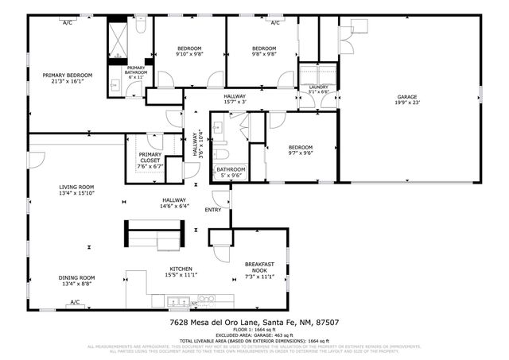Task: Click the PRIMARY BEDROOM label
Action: click(68, 75)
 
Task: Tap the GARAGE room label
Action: click(406, 96)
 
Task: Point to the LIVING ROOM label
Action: click(76, 187)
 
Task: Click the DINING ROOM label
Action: click(76, 277)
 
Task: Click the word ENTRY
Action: click(213, 210)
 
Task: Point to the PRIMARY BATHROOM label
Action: click(135, 70)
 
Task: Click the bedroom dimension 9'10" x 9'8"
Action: click(189, 55)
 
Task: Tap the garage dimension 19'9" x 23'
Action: click(406, 103)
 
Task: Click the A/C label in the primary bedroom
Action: click(68, 22)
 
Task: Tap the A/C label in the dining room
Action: click(75, 302)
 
